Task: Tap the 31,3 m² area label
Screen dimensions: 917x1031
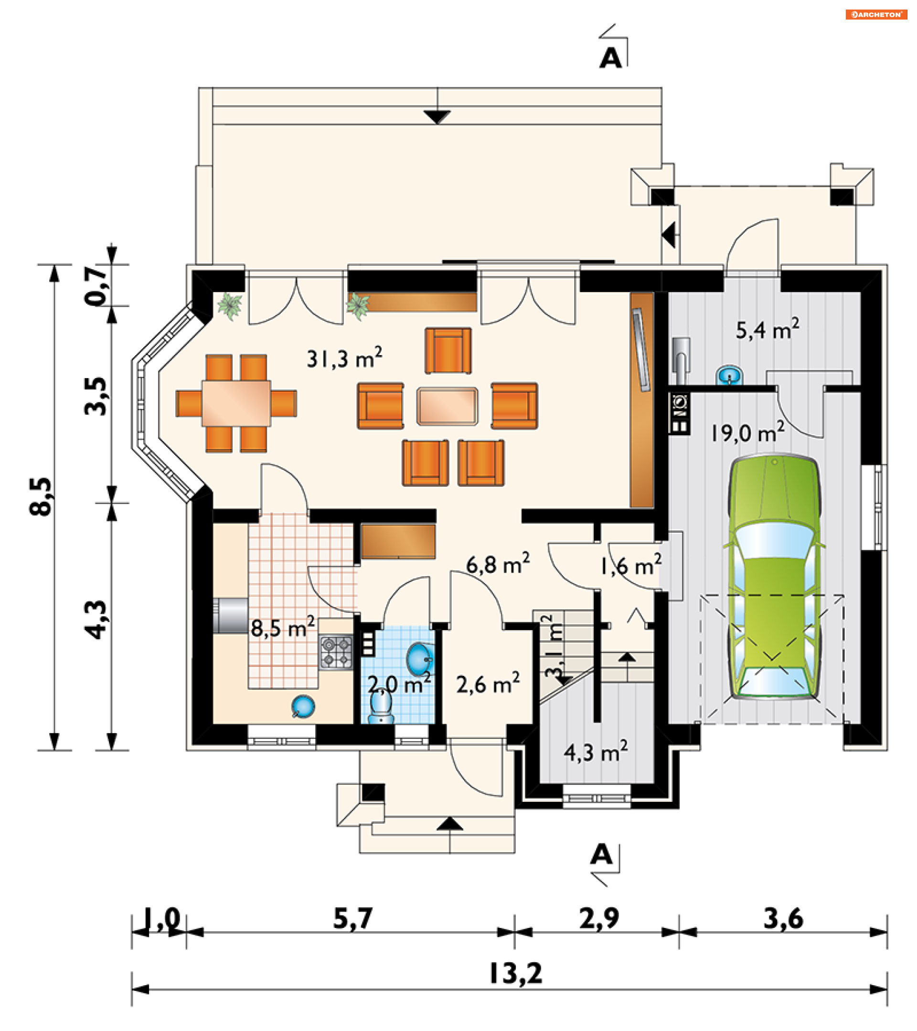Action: tap(344, 358)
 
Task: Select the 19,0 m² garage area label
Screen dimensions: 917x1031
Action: tap(747, 432)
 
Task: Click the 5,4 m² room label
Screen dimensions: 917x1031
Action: tap(767, 329)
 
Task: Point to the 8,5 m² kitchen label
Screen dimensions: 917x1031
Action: tap(283, 627)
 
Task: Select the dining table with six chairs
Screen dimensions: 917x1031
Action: tap(236, 403)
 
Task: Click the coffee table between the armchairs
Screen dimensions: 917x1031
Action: tap(447, 406)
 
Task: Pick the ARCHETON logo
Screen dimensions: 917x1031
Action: tap(876, 15)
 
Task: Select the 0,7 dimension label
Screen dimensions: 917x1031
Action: tap(96, 285)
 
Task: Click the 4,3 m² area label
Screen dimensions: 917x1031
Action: tap(596, 752)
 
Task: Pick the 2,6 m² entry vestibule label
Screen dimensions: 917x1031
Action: tap(488, 684)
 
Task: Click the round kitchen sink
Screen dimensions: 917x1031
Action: tap(303, 706)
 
